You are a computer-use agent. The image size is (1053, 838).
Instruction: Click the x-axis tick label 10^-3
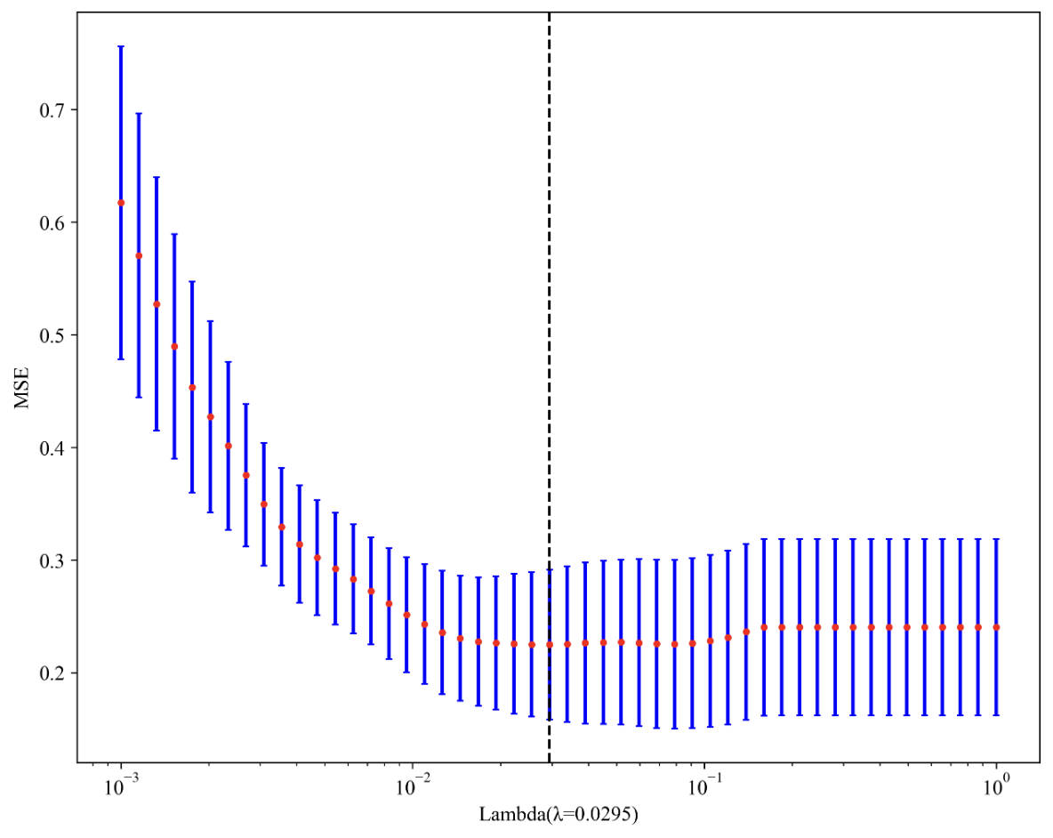[120, 786]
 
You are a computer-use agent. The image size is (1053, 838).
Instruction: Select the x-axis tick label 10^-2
[412, 786]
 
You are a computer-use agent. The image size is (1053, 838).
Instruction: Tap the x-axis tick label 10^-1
[703, 786]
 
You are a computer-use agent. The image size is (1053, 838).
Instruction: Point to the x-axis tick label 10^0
[996, 786]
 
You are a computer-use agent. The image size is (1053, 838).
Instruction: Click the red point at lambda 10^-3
[121, 203]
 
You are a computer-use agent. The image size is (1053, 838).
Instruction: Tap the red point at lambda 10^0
[996, 627]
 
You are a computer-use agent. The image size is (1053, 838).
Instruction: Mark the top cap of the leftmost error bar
[121, 46]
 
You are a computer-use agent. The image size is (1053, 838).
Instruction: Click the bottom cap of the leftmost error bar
[121, 359]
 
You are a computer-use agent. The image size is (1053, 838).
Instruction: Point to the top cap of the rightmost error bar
[996, 539]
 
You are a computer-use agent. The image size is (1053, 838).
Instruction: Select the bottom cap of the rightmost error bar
[996, 714]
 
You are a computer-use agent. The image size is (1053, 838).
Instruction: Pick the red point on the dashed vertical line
[549, 645]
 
